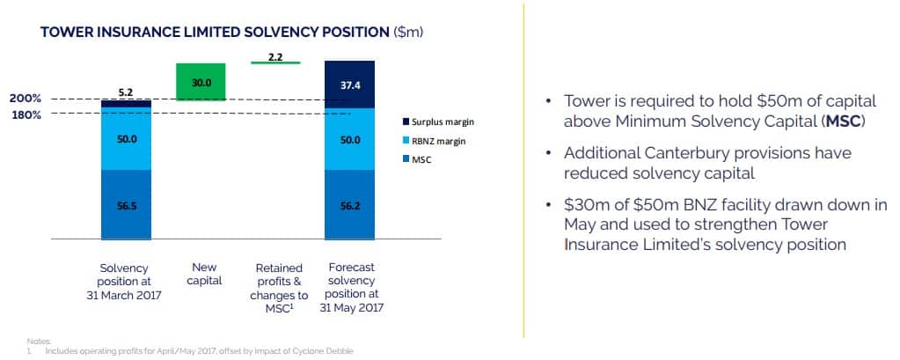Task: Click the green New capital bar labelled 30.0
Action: [201, 82]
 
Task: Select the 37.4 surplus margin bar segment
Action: [349, 84]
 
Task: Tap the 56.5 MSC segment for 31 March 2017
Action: [126, 204]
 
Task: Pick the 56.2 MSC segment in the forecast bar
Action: [349, 204]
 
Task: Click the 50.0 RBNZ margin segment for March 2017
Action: [126, 138]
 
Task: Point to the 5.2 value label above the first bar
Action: [127, 92]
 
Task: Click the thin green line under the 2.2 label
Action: [275, 62]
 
